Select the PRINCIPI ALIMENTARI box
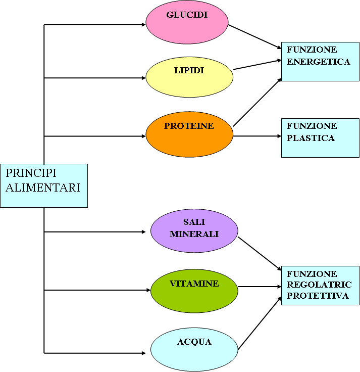[x=44, y=185]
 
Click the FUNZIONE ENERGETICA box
[x=320, y=61]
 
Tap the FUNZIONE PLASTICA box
[x=320, y=137]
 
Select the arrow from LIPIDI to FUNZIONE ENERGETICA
[x=257, y=64]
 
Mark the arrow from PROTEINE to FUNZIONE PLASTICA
[x=257, y=136]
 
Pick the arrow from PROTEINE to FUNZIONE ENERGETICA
[x=257, y=102]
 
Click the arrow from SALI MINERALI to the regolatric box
[x=259, y=252]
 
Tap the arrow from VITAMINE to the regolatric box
[x=259, y=287]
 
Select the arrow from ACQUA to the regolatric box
[x=259, y=323]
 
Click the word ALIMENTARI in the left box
[x=43, y=188]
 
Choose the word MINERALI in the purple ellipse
[x=194, y=235]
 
